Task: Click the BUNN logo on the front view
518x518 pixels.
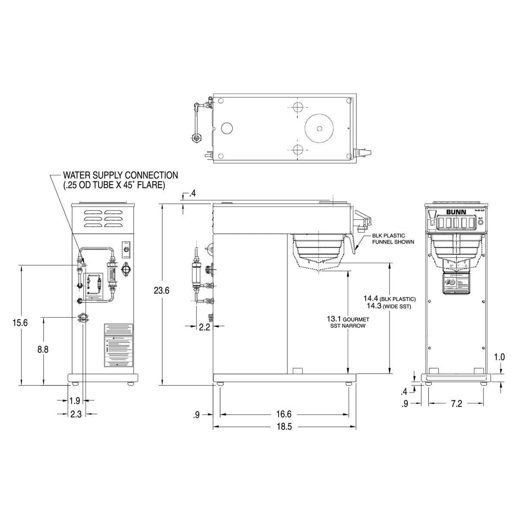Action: click(x=454, y=212)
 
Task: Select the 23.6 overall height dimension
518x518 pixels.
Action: click(x=161, y=291)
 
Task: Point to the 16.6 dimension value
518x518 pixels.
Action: click(x=284, y=414)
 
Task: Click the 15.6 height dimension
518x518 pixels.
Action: click(x=20, y=322)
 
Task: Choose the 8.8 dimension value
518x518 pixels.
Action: click(x=43, y=350)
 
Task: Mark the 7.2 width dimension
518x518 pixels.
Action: click(x=456, y=404)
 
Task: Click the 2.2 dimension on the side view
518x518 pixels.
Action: click(x=205, y=327)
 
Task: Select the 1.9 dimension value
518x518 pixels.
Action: click(x=75, y=401)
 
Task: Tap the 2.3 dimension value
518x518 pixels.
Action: click(x=76, y=414)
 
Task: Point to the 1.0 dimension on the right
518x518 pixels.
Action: click(x=499, y=357)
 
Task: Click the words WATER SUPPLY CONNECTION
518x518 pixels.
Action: click(x=120, y=175)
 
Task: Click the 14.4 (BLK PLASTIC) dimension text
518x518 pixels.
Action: click(x=389, y=299)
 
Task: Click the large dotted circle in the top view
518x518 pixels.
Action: click(x=319, y=128)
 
